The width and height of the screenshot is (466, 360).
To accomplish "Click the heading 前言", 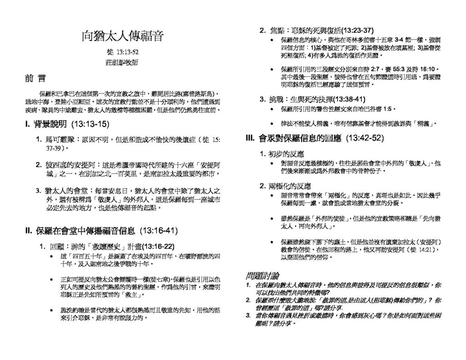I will (35, 78).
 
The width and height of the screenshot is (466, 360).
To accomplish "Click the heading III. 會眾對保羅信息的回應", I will (314, 137).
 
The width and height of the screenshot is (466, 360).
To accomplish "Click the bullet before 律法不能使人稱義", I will (272, 123).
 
